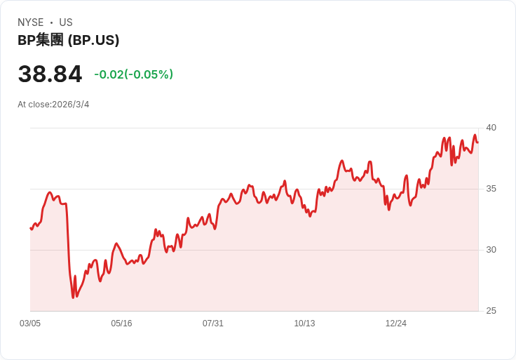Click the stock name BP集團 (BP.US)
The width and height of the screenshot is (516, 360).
(x=68, y=40)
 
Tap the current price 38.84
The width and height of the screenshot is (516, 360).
(x=50, y=74)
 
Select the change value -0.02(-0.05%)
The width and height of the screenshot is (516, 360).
(x=133, y=74)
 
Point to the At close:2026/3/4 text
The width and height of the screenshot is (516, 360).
(x=53, y=105)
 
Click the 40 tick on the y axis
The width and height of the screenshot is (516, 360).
(x=491, y=128)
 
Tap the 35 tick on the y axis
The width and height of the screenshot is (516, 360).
(x=491, y=189)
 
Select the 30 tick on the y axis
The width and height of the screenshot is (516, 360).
(x=491, y=250)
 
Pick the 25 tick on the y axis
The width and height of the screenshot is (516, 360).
(x=491, y=311)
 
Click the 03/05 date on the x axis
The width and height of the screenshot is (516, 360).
(x=30, y=324)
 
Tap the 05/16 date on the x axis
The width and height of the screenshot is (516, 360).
(x=121, y=324)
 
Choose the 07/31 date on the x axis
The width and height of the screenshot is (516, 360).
(x=213, y=324)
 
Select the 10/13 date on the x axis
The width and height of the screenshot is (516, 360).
(x=304, y=324)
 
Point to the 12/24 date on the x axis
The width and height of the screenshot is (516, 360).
(x=396, y=324)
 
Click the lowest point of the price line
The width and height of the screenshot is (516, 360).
(x=73, y=298)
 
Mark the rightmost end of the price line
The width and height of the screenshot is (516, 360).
(x=477, y=142)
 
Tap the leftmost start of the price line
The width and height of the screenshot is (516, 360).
(x=31, y=228)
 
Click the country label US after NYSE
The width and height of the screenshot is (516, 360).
(x=66, y=22)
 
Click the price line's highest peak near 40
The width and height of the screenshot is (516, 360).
(x=475, y=135)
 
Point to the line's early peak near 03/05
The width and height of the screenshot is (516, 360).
(x=50, y=192)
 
